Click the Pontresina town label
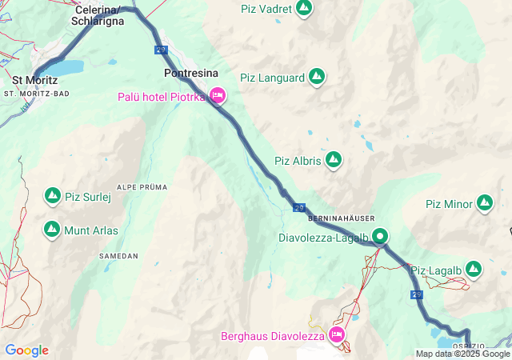coord(190,73)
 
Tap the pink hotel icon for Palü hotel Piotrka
coord(218,97)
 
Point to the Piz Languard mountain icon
coord(317,78)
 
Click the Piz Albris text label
coord(297,161)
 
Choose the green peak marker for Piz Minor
coord(485,203)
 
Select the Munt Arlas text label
coord(91,231)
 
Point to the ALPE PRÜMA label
coord(142,187)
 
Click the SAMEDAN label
coord(118,256)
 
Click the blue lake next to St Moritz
coord(68,66)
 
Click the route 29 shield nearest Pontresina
coord(162,50)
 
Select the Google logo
coord(26,350)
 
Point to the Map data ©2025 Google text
coord(462,354)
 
